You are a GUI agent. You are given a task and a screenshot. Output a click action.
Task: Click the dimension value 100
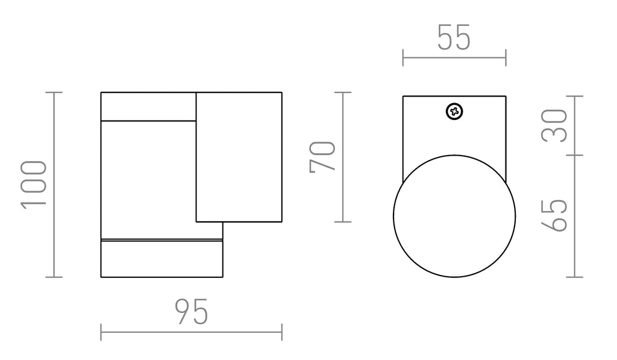click(34, 185)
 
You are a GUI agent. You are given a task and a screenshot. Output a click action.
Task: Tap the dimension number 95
click(191, 312)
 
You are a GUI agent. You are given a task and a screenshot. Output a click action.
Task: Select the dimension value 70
click(322, 157)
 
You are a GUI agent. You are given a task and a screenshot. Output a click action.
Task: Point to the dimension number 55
click(454, 37)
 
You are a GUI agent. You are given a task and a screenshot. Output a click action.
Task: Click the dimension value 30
click(554, 125)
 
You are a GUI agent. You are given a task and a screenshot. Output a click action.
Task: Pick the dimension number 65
click(554, 215)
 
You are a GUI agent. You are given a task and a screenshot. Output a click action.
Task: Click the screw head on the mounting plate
click(454, 112)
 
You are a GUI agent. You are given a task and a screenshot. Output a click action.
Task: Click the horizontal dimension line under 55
click(454, 58)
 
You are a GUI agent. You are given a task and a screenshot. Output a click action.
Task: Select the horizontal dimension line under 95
click(191, 332)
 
